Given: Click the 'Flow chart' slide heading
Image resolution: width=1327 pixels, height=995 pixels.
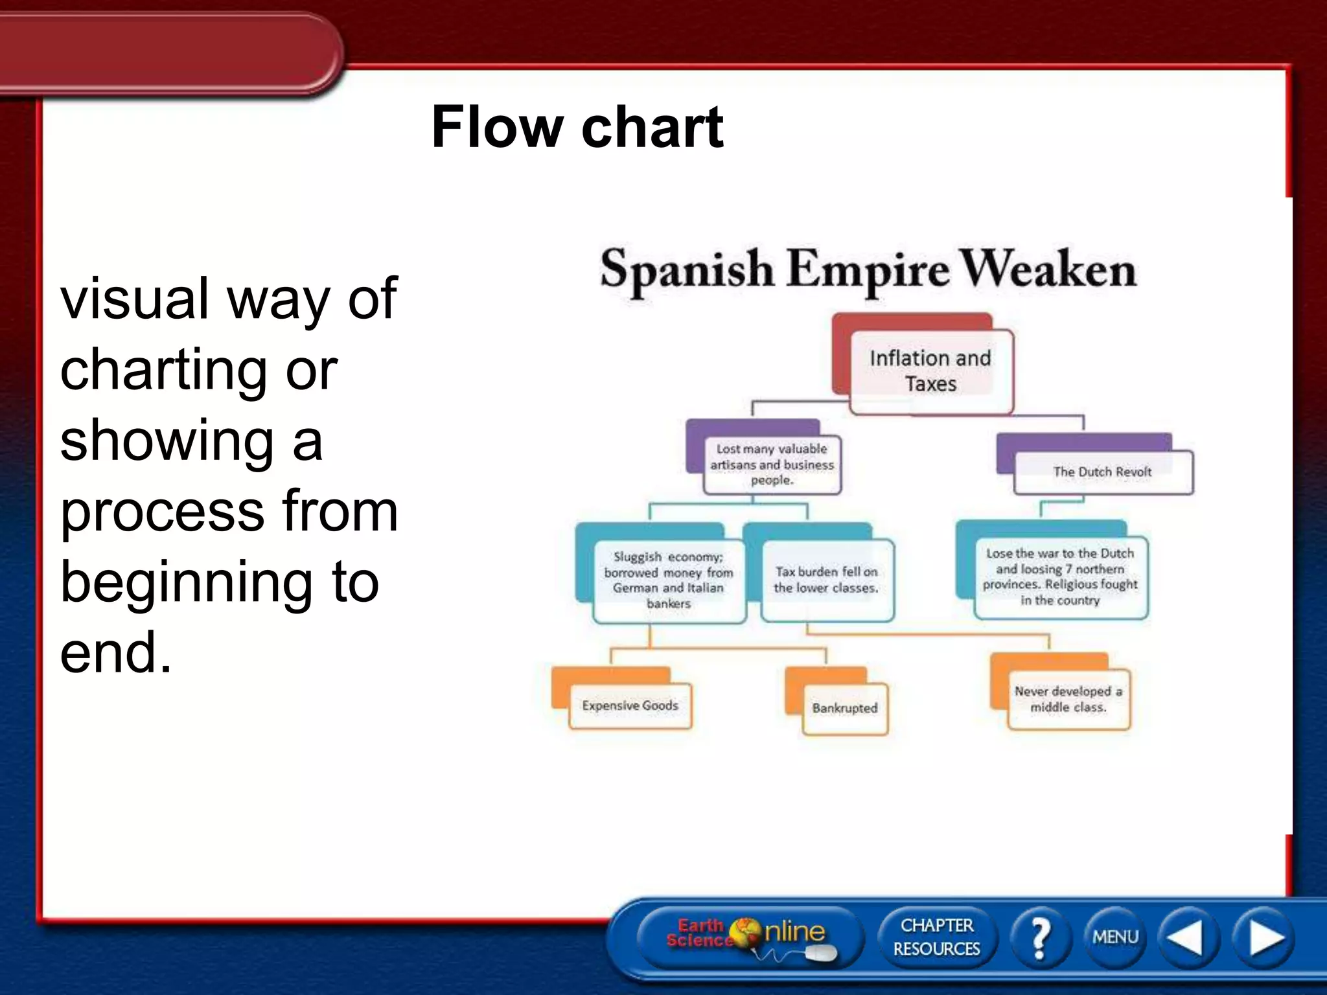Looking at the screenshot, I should tap(577, 127).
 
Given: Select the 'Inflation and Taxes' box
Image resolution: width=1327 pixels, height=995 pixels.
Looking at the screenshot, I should tap(930, 371).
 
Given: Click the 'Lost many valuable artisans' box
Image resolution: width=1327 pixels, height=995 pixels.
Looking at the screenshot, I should tap(772, 464).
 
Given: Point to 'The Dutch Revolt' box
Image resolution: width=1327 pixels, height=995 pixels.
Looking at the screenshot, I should tap(1102, 472).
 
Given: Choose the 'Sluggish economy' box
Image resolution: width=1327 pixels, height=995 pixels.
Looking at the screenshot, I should tap(669, 580).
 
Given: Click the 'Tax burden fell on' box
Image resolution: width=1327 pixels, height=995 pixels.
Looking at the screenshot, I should tap(827, 580).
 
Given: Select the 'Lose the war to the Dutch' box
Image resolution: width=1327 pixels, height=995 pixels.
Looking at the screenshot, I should tap(1060, 577).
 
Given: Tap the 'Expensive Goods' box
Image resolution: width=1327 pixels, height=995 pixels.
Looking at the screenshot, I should tap(630, 706).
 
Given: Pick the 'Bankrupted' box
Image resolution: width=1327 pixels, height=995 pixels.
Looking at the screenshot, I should tap(844, 709).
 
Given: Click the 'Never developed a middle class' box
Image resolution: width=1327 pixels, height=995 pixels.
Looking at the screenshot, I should tap(1068, 700).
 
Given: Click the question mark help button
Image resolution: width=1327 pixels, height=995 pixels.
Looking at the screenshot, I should tap(1039, 937).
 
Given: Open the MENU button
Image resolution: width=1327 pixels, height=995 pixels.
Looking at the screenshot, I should tap(1115, 937).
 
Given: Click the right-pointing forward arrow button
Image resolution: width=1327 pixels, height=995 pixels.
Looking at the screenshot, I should tap(1264, 937).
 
